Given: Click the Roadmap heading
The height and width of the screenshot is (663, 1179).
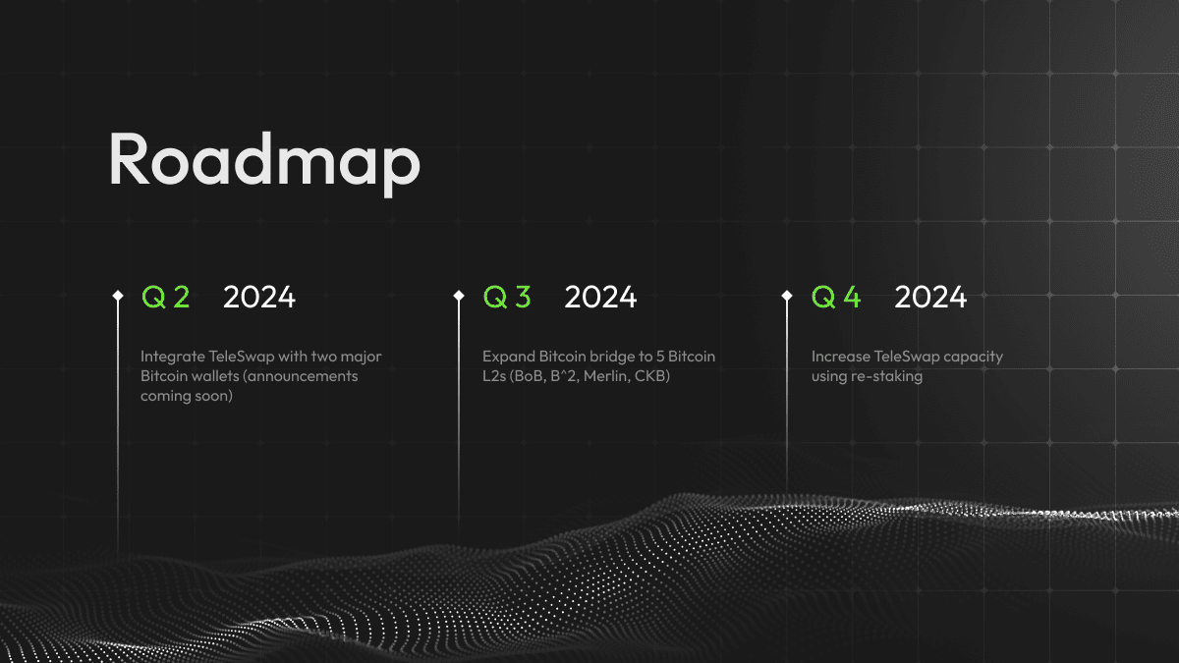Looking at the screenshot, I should click(x=263, y=158).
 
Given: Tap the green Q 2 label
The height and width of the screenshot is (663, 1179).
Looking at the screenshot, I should click(x=166, y=297).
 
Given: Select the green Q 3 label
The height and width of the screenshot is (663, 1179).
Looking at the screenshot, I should click(x=507, y=297).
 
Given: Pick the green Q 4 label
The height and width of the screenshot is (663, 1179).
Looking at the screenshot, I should click(x=836, y=297).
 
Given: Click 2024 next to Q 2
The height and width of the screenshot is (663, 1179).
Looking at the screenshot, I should click(x=259, y=297).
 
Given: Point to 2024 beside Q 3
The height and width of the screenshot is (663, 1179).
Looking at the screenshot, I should click(x=600, y=297).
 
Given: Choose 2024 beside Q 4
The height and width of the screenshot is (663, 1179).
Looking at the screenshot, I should click(x=930, y=297).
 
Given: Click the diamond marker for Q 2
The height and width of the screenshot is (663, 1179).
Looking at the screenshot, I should click(x=118, y=295).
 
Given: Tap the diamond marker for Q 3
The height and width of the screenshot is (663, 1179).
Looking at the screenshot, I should click(x=459, y=295).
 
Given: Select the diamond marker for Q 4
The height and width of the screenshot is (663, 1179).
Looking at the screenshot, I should click(x=787, y=295).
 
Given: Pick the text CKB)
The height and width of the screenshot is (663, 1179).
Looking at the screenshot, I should click(x=653, y=376).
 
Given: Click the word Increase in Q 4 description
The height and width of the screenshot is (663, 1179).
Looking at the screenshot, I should click(x=840, y=356).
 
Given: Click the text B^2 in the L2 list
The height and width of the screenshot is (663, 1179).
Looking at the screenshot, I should click(x=563, y=376).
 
